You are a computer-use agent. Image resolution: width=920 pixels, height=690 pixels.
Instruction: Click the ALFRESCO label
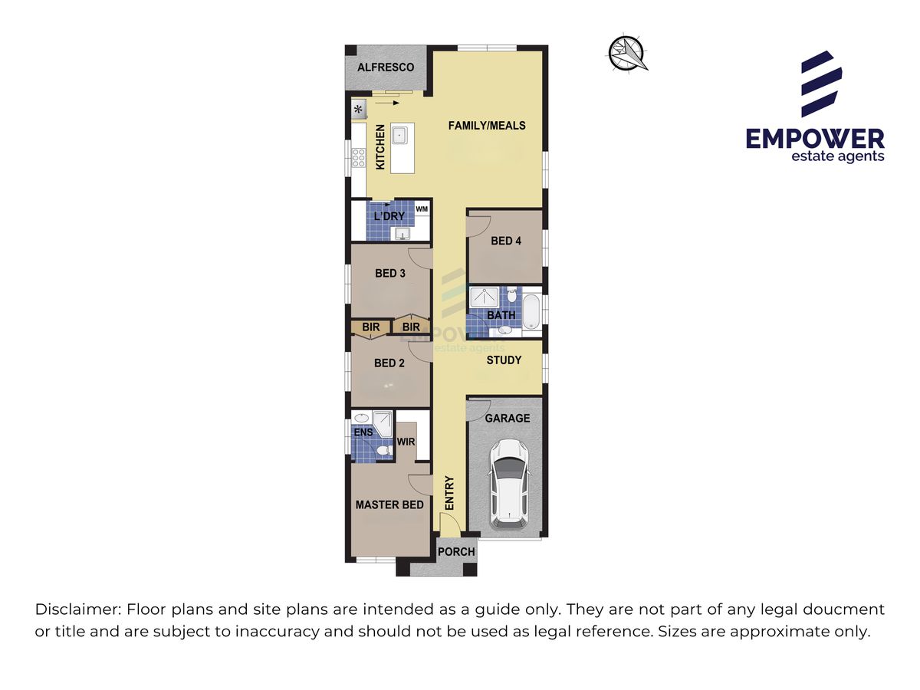click(x=385, y=67)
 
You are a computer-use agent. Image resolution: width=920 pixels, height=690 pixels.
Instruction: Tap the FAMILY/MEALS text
click(x=487, y=126)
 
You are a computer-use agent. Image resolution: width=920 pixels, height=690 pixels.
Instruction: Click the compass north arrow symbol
click(x=627, y=53)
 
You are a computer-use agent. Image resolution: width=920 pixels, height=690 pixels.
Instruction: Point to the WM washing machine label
click(x=422, y=209)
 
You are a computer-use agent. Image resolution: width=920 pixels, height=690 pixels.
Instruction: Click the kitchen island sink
click(x=399, y=135)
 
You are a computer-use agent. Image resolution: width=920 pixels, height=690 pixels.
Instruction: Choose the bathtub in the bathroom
click(x=531, y=312)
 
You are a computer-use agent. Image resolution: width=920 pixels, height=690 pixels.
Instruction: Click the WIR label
click(x=406, y=442)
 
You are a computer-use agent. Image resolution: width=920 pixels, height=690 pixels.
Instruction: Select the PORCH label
click(x=456, y=552)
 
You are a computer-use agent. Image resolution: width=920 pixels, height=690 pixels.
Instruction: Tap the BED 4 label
click(x=506, y=241)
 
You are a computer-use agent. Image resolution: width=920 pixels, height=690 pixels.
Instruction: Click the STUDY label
click(x=504, y=360)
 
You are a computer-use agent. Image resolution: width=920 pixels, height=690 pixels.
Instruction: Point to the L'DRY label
click(x=389, y=216)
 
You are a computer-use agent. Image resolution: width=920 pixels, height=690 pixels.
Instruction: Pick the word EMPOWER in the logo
click(x=815, y=139)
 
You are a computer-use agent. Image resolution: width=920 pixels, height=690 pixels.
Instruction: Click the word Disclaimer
click(x=78, y=609)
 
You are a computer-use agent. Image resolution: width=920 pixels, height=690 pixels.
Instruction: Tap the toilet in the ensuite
click(x=383, y=451)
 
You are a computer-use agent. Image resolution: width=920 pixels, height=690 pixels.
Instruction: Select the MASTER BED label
click(x=389, y=504)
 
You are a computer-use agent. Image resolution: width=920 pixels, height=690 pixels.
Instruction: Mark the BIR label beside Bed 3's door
click(x=411, y=327)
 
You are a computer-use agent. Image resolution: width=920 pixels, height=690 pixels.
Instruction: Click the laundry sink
click(x=402, y=234)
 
